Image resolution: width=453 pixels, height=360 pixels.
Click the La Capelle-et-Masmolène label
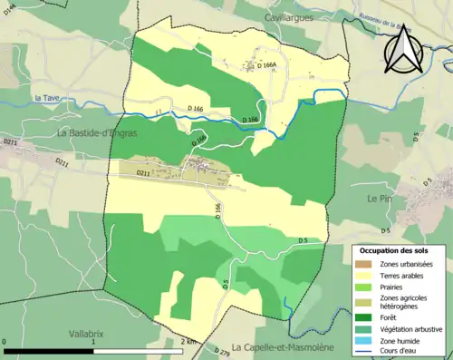click(x=282, y=347)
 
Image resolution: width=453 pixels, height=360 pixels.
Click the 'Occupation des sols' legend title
click(x=393, y=250)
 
